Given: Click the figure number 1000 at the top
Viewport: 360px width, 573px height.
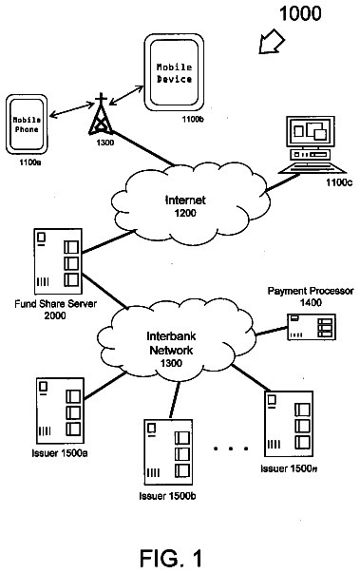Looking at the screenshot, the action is click(300, 14).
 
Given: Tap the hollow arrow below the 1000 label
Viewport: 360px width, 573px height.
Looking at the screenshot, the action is click(272, 42).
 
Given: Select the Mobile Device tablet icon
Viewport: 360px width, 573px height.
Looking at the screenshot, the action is click(174, 72).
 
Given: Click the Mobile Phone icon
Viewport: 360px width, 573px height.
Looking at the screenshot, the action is click(27, 124).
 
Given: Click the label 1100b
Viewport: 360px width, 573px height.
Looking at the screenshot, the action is click(193, 120).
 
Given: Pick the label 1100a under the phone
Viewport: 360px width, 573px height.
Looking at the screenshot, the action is click(30, 162).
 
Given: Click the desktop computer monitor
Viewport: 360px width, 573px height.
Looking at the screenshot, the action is click(310, 132).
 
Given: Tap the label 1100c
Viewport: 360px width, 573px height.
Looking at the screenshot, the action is click(339, 182).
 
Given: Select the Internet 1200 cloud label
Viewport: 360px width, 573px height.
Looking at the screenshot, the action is click(185, 206).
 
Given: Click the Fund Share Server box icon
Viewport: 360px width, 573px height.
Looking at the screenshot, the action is click(58, 261).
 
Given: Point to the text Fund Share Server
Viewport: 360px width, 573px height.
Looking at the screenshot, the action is click(55, 304).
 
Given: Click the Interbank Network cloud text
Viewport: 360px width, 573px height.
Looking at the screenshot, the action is click(171, 343).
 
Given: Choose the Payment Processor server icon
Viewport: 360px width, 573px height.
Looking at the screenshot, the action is click(312, 327).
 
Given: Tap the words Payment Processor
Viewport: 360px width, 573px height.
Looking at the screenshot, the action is click(311, 291).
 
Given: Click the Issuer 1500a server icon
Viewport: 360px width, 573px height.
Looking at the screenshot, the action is click(60, 411).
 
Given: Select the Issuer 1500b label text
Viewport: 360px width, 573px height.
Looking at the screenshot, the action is click(167, 496).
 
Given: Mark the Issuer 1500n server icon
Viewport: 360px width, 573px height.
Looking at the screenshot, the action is click(289, 424).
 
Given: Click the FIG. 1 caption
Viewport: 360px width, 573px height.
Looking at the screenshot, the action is click(171, 558).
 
